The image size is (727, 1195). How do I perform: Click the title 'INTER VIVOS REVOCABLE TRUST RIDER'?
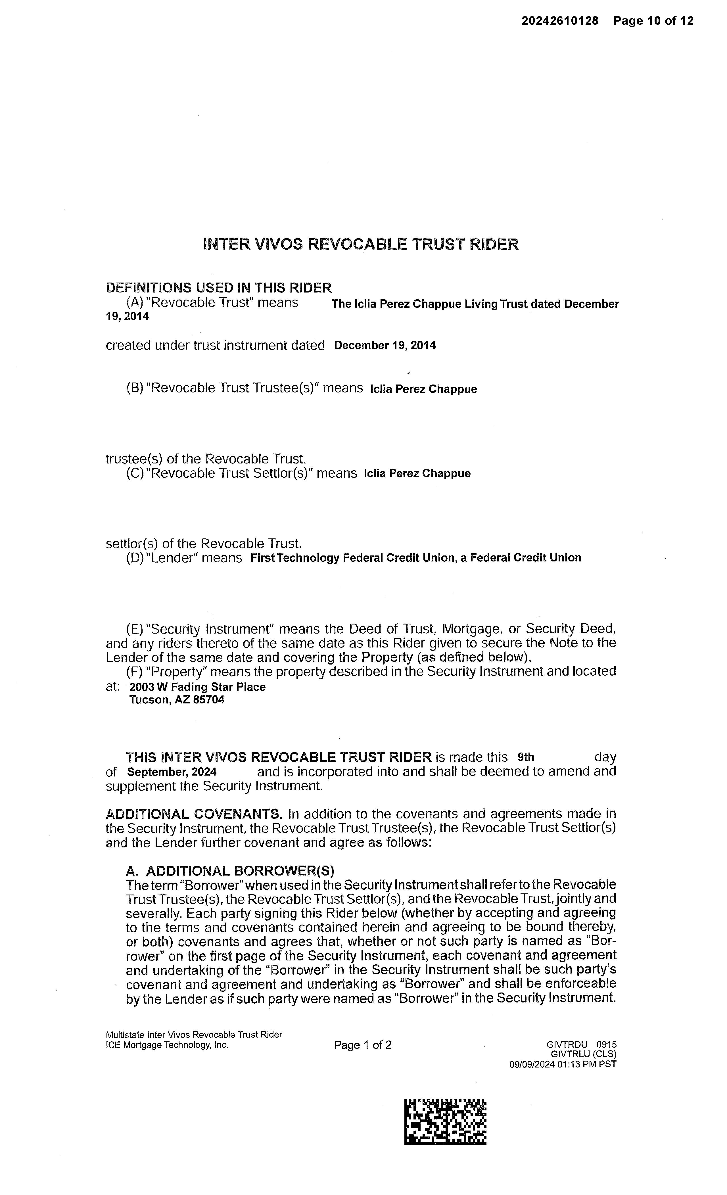pyautogui.click(x=361, y=244)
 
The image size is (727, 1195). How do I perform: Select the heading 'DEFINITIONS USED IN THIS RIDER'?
pyautogui.click(x=219, y=288)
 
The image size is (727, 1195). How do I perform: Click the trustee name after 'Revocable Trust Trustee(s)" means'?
pyautogui.click(x=423, y=389)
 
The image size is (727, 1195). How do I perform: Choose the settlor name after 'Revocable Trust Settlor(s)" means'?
pyautogui.click(x=417, y=473)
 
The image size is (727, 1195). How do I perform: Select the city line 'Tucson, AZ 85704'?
pyautogui.click(x=177, y=700)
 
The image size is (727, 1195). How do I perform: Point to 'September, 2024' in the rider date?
pyautogui.click(x=172, y=772)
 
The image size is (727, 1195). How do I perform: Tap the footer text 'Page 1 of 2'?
pyautogui.click(x=363, y=1045)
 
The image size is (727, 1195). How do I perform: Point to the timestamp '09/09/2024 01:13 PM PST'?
pyautogui.click(x=563, y=1064)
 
